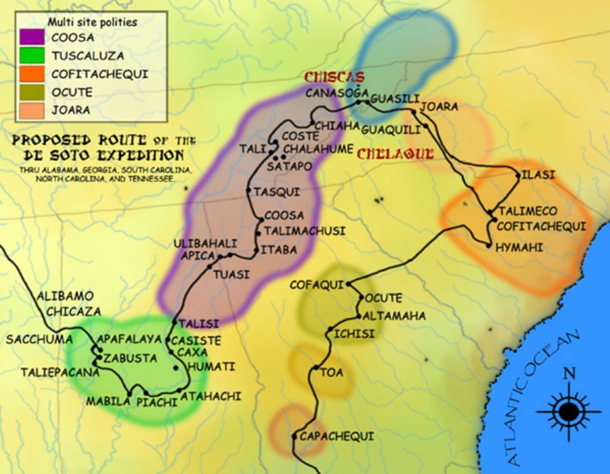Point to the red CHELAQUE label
point(395,153)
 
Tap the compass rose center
point(568,411)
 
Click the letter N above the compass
point(569,374)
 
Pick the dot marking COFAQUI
point(349,283)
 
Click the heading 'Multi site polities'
point(92,22)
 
